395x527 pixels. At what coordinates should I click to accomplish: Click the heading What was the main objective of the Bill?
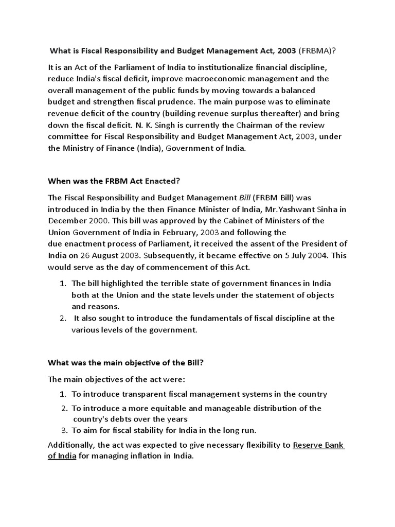point(126,363)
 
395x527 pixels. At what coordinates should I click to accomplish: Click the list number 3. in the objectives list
point(64,430)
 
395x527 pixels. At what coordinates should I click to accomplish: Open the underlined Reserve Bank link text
point(318,445)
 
